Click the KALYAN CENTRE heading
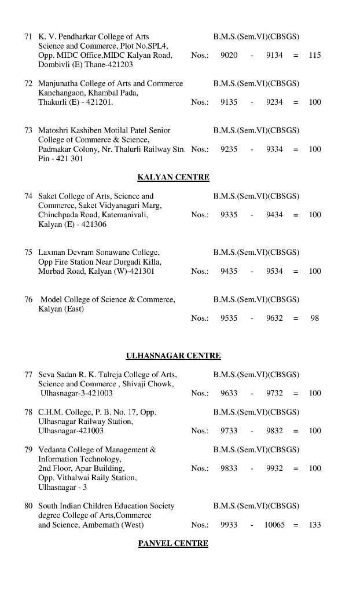point(173,177)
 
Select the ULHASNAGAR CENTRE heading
point(173,356)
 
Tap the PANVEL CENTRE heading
point(173,543)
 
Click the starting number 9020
point(229,55)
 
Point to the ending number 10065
point(274,525)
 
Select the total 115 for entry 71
point(314,55)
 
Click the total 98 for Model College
point(314,318)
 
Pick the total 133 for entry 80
point(314,525)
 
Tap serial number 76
point(28,299)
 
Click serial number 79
point(28,449)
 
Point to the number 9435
point(229,271)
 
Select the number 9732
point(274,393)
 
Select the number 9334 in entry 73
point(274,149)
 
